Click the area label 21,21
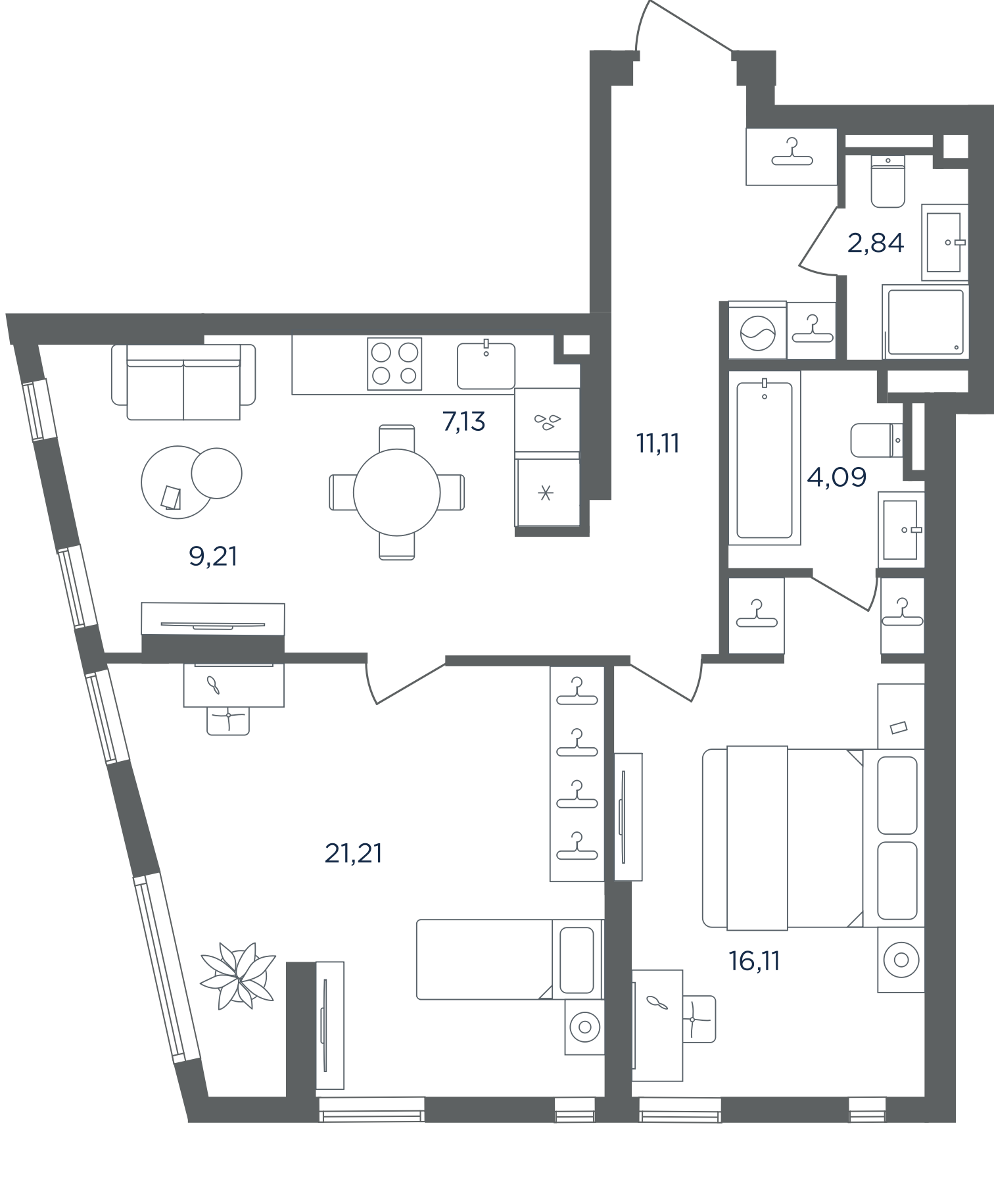354,853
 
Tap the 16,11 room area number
754,961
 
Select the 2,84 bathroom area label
876,243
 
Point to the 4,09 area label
837,476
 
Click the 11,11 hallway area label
657,443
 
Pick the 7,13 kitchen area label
464,421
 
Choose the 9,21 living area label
213,556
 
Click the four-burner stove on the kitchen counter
394,364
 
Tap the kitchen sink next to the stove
486,365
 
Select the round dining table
396,492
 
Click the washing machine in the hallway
757,331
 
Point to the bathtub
765,458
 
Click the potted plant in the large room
237,975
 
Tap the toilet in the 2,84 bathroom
887,181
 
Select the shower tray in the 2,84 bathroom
925,322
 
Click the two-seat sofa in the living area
183,382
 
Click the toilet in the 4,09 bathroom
877,440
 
